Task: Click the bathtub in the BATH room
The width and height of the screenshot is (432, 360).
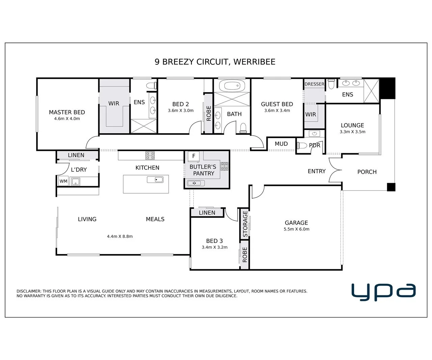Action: (x=232, y=85)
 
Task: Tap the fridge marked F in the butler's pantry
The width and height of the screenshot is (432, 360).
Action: (x=194, y=156)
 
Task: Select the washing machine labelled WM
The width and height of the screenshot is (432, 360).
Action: (x=63, y=181)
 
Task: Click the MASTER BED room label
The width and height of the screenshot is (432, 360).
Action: (x=67, y=112)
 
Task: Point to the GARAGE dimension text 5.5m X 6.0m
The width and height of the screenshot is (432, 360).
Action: (x=296, y=229)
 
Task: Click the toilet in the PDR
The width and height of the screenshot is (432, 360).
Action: (x=302, y=145)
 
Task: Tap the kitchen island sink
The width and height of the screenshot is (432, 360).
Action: (x=155, y=179)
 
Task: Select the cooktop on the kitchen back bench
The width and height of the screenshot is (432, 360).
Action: (x=150, y=156)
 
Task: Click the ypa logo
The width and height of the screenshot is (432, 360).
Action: (x=384, y=292)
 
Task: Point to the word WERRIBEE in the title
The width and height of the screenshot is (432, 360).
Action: (x=254, y=62)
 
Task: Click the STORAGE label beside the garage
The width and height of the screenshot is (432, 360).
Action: (x=245, y=224)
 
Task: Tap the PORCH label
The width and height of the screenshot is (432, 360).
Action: (x=367, y=172)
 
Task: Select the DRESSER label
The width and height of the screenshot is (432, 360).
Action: (x=314, y=84)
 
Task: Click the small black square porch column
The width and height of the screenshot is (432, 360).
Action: (x=391, y=187)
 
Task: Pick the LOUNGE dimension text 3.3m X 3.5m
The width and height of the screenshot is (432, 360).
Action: (x=352, y=132)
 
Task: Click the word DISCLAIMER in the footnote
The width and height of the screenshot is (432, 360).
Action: (x=29, y=291)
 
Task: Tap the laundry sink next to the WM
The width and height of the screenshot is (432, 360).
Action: (x=76, y=182)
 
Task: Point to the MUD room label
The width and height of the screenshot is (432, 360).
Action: (x=281, y=144)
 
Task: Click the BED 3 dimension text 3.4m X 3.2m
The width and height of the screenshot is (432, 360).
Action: (x=215, y=247)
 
